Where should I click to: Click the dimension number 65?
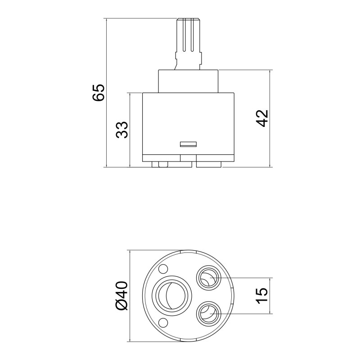click(98, 92)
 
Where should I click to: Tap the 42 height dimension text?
click(262, 118)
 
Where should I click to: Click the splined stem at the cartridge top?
click(189, 36)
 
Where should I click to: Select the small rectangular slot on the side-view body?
click(188, 144)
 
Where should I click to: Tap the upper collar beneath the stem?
click(188, 81)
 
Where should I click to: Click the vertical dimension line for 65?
click(106, 92)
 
